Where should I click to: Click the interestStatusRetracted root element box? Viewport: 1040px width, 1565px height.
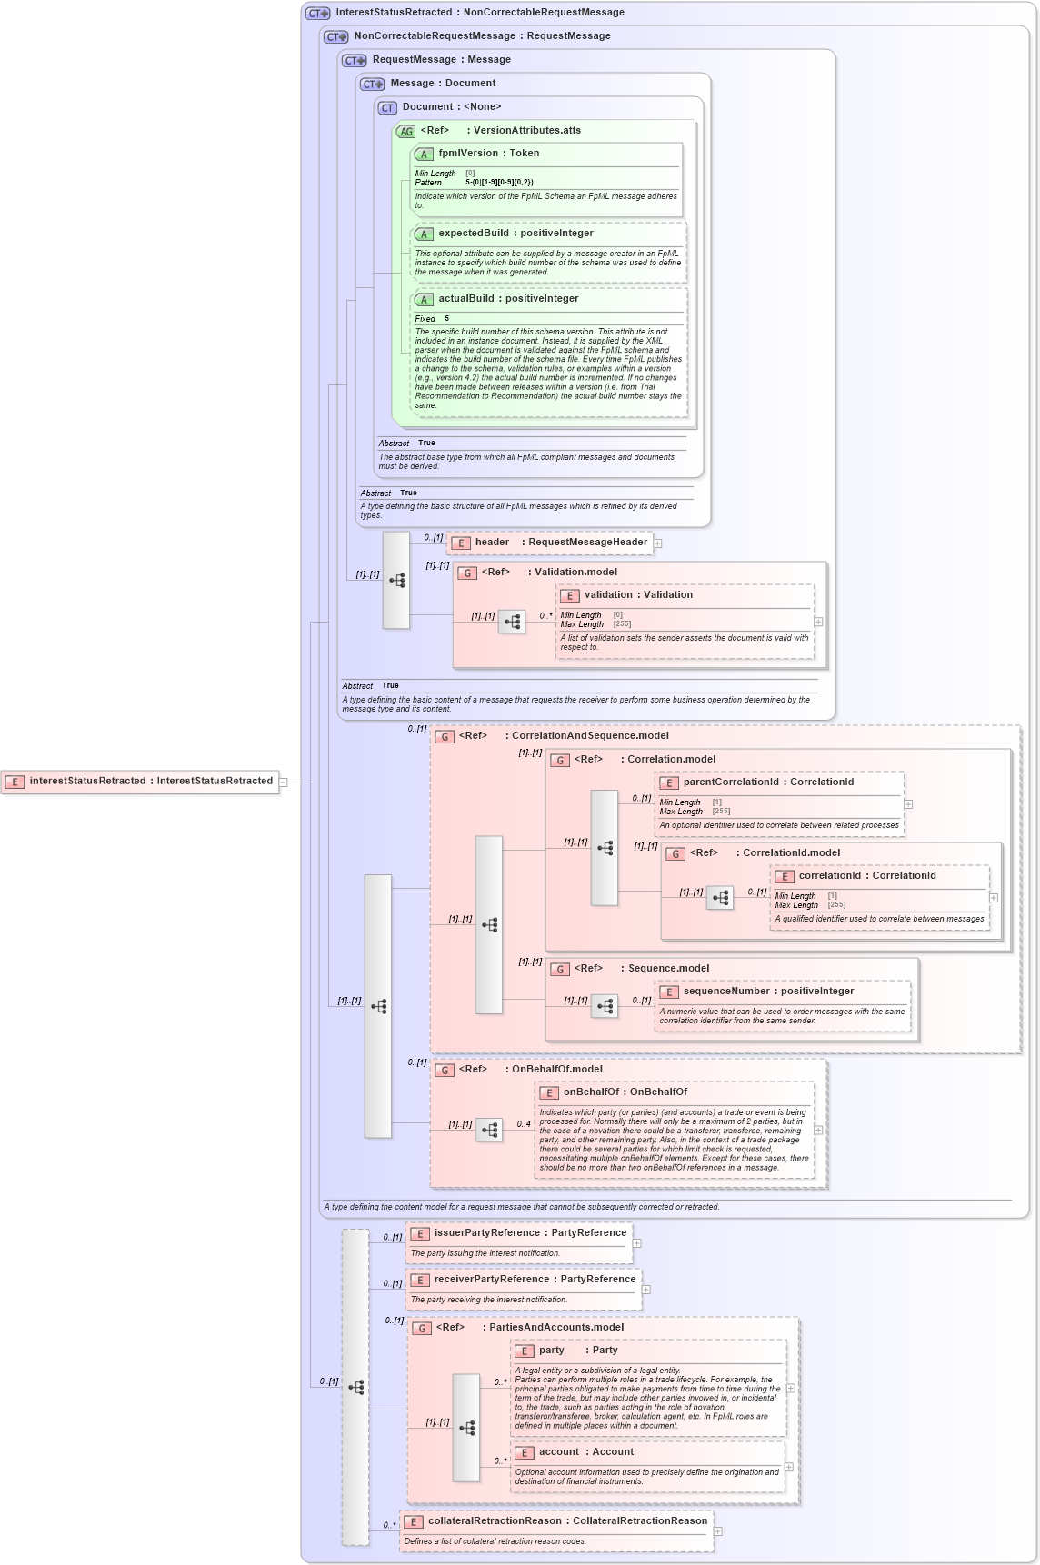[x=141, y=782]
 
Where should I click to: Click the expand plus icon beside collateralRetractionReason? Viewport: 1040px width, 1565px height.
[x=717, y=1531]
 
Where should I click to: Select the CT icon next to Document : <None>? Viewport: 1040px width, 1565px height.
[x=387, y=107]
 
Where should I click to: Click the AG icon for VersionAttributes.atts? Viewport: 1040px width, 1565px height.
[x=405, y=131]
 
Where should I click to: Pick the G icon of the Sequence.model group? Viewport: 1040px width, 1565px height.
[x=560, y=970]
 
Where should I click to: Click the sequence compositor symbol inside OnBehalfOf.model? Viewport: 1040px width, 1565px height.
[x=489, y=1131]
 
